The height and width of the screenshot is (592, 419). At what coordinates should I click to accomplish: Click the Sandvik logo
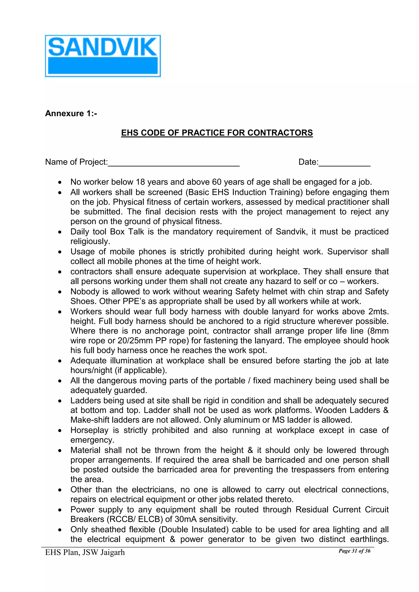click(x=103, y=56)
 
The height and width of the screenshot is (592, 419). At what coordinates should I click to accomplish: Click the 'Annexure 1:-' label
click(x=71, y=113)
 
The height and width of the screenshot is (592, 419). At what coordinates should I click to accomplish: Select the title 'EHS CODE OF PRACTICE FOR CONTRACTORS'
click(x=217, y=133)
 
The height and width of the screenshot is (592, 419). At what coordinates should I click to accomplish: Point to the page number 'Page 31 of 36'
click(x=355, y=551)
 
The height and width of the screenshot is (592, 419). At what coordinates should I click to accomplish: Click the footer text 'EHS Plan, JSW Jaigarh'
click(x=85, y=552)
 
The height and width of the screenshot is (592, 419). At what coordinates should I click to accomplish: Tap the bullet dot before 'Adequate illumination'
click(x=60, y=361)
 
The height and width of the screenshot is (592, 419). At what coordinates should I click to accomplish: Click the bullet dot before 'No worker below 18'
click(x=60, y=182)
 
